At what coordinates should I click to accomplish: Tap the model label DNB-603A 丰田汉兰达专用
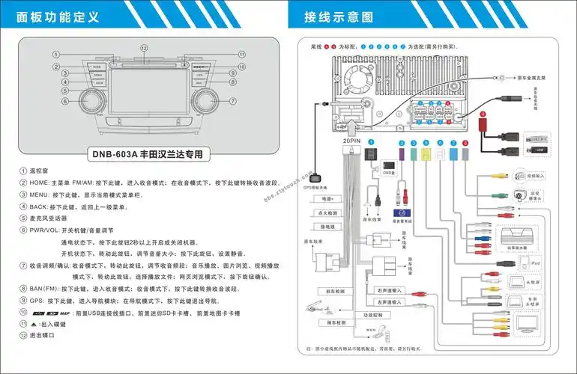147,155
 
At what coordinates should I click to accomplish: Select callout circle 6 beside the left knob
65,101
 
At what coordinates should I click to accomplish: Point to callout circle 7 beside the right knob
233,101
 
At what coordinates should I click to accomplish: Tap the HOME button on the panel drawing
97,67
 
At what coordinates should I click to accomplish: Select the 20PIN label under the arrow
351,140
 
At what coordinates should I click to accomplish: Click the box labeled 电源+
327,200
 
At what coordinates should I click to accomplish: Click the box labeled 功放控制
373,315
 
